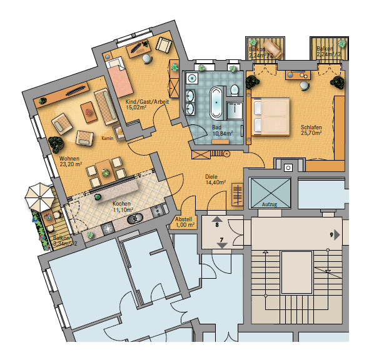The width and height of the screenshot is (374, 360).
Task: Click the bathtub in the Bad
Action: click(x=216, y=102)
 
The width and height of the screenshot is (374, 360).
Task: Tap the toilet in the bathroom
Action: click(x=233, y=89)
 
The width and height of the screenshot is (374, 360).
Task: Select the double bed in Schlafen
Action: click(x=270, y=117)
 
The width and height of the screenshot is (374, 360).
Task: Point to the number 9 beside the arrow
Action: click(x=330, y=235)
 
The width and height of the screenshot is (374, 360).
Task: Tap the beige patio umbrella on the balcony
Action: click(x=39, y=198)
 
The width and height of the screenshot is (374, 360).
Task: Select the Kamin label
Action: click(x=107, y=138)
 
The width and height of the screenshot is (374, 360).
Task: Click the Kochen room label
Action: click(x=121, y=204)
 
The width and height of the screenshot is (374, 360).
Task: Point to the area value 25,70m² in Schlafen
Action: click(x=310, y=132)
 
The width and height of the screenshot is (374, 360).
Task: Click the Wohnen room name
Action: click(x=69, y=159)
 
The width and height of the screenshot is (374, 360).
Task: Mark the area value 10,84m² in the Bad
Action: click(x=222, y=133)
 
